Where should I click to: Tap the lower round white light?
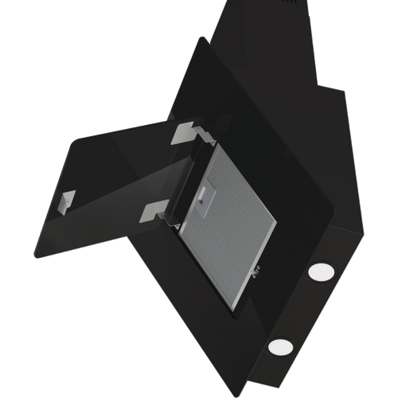pos(280,346)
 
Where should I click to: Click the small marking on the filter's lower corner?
pos(256,275)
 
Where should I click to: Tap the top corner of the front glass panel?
pos(202,40)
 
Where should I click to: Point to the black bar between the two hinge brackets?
pos(175,171)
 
